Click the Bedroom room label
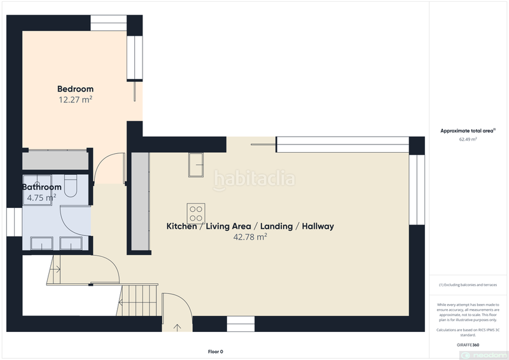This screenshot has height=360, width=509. coord(75,89)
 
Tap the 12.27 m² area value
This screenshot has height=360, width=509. coord(75,100)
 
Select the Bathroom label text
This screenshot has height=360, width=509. coord(42,187)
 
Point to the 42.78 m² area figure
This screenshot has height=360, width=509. coord(250,237)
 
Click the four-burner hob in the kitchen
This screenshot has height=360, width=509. coord(195,211)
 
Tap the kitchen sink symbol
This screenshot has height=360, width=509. coord(195,165)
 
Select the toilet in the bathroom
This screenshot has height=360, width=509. coord(71,185)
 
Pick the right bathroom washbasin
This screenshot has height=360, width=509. coord(69,243)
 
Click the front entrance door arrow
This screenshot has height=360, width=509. coord(177,327)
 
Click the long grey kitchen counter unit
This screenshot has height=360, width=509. coord(140,202)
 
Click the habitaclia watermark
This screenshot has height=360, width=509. coord(254,179)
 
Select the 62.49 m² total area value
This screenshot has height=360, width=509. coord(468,139)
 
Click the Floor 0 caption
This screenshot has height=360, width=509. coord(216,351)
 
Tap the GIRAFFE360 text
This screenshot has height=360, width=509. coord(468,344)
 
